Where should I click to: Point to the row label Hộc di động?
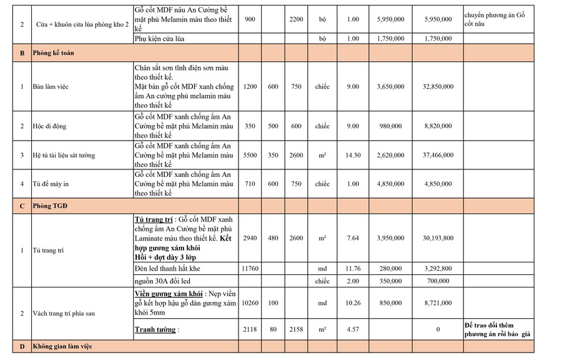(49, 126)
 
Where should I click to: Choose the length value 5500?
(249, 155)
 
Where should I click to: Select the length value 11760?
(249, 269)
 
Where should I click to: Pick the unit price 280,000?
(390, 269)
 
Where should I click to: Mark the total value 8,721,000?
(438, 303)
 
